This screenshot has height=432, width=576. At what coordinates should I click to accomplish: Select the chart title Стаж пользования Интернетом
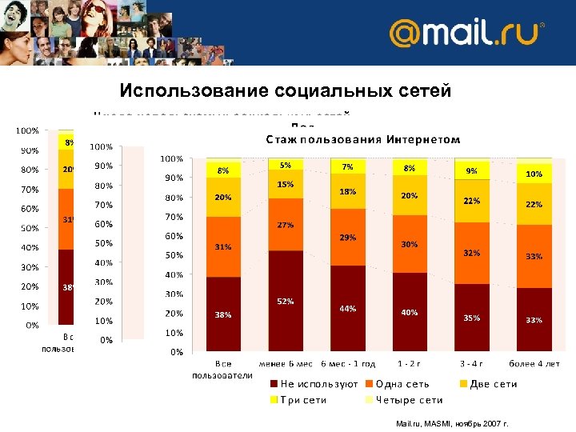click(362, 139)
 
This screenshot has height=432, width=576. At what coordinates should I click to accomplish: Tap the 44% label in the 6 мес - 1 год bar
click(347, 308)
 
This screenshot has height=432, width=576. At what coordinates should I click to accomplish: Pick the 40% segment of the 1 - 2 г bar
click(410, 313)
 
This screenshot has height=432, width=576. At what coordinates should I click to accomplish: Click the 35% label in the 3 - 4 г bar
click(472, 318)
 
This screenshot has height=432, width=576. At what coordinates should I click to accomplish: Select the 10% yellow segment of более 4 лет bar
click(534, 174)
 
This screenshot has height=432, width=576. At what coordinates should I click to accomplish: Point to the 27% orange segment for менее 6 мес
click(285, 225)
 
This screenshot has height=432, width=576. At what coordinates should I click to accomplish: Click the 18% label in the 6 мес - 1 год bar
click(347, 192)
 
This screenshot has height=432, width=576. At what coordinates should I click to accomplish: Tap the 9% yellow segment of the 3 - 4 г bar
click(472, 170)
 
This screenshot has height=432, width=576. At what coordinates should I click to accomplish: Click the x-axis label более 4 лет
click(534, 364)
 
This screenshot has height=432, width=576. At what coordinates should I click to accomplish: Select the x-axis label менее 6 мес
click(285, 364)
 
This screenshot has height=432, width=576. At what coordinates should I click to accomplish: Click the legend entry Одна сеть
click(402, 384)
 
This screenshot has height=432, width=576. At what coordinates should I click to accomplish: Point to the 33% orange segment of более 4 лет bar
click(534, 256)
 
